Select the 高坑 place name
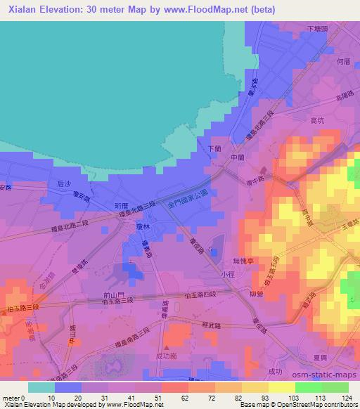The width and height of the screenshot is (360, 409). pyautogui.click(x=317, y=120)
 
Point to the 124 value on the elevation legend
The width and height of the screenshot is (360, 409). pyautogui.click(x=348, y=397)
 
